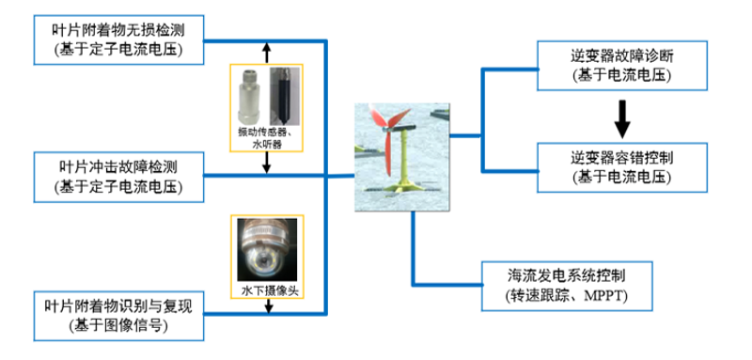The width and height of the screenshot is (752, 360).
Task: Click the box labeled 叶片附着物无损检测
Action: coord(118,39)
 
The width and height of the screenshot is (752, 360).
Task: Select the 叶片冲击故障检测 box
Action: coord(118,177)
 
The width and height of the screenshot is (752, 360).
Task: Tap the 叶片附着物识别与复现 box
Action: coord(118,316)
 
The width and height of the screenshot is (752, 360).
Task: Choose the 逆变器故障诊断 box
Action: coord(622,66)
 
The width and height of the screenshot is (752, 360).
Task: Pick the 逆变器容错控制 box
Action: coord(622,167)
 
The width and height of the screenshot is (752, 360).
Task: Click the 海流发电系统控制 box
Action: coord(568,286)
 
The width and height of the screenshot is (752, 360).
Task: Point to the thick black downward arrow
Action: coord(622,117)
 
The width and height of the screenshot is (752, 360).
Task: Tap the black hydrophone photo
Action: coord(285,96)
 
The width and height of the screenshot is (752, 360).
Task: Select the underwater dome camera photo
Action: coord(267,250)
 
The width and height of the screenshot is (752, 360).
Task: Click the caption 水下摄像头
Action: coord(269,290)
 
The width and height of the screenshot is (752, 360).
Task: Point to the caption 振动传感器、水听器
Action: coord(267,137)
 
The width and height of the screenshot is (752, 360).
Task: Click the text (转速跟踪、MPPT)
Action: coord(567,296)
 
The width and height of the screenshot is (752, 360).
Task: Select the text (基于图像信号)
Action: coord(118,326)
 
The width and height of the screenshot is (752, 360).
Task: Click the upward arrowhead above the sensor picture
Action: coord(267,46)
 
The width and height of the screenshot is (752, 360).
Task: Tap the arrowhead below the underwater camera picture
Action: coord(269,308)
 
